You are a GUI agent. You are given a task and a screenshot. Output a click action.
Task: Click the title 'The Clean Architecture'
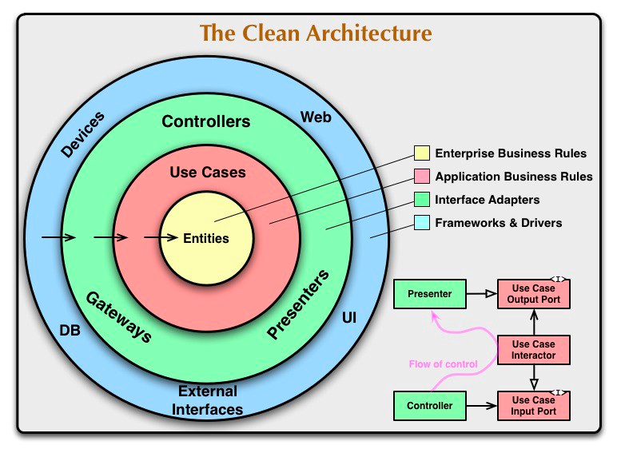316,34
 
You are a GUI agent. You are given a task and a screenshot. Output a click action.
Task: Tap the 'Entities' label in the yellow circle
206,238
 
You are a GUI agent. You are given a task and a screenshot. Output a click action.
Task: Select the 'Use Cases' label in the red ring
208,172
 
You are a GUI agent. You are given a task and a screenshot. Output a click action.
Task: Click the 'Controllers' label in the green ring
206,122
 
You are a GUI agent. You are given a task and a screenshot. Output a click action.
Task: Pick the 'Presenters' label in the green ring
298,306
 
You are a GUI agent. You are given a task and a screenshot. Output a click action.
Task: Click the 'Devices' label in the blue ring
82,133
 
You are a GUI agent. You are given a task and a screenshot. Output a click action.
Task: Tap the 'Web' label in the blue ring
316,117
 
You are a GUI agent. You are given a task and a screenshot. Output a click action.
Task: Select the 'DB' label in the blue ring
70,329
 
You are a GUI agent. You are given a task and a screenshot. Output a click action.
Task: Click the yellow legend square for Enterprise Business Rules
421,153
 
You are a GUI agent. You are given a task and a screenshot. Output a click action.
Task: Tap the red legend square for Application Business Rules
421,177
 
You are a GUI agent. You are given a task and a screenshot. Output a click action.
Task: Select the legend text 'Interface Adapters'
487,200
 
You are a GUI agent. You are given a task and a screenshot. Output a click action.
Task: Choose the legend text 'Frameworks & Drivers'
498,223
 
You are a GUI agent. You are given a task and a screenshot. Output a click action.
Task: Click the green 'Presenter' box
429,294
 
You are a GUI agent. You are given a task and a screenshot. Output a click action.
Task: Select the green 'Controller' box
429,406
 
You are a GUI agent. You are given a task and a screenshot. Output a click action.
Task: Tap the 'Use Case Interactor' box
534,350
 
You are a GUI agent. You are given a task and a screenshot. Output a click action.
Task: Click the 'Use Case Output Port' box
534,294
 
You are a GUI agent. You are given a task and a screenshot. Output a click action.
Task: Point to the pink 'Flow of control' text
443,364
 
